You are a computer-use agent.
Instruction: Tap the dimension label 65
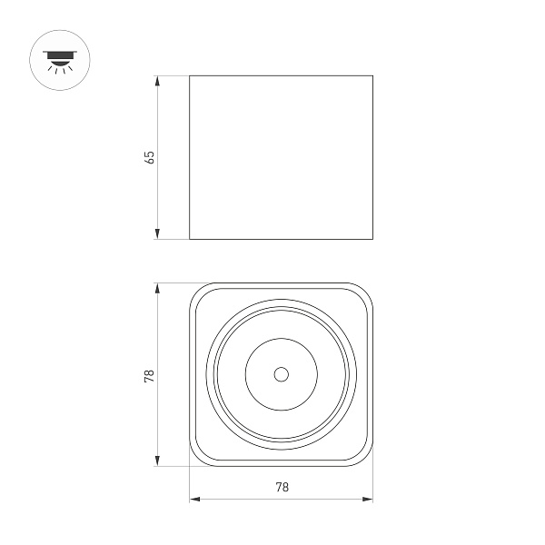tap(151, 157)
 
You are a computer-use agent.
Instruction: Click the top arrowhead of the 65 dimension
tap(158, 81)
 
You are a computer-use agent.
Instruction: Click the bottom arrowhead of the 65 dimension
tap(158, 234)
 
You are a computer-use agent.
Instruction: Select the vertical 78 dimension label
tap(151, 374)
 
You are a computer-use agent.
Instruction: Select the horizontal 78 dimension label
tap(282, 488)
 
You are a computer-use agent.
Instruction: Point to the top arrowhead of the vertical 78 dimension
tap(158, 287)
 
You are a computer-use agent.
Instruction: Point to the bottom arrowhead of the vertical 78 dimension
tap(158, 462)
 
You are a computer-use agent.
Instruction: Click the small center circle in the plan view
tap(281, 374)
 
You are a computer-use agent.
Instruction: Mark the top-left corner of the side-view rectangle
tap(190, 76)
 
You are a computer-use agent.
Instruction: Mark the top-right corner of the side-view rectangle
tap(373, 76)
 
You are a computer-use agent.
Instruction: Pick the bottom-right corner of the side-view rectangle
tap(373, 240)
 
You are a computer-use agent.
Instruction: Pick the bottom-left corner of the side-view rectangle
tap(190, 240)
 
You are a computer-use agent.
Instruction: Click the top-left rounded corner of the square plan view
tap(196, 290)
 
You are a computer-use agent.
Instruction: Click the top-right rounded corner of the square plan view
tap(367, 290)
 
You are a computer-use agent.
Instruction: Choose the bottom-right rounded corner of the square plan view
tap(367, 460)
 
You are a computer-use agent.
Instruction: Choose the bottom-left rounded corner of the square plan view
tap(196, 460)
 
